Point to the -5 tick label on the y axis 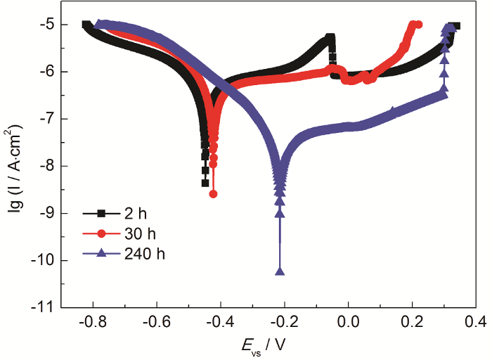[47, 25]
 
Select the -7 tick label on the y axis [47, 119]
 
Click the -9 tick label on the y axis [47, 213]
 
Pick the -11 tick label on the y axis [44, 307]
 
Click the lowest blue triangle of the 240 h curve [280, 271]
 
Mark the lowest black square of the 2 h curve [205, 183]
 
